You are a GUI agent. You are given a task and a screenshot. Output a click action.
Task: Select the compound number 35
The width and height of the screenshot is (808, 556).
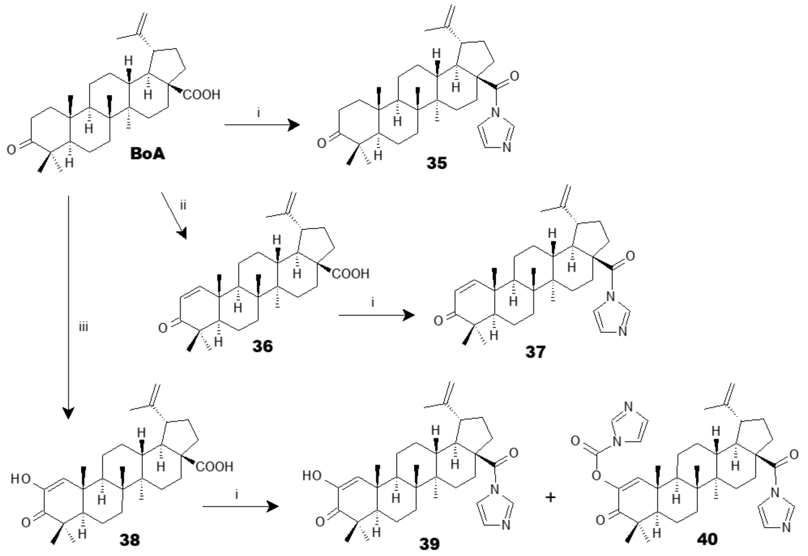click(437, 163)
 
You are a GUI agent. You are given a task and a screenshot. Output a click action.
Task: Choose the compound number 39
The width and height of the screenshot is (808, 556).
click(429, 544)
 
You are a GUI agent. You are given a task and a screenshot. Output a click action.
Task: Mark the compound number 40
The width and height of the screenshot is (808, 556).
click(707, 539)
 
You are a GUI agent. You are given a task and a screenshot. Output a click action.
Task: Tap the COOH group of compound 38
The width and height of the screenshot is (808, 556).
click(214, 467)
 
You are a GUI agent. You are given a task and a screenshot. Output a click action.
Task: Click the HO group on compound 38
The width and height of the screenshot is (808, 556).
click(21, 479)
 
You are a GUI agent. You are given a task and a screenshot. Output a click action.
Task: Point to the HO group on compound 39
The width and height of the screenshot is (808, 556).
click(312, 476)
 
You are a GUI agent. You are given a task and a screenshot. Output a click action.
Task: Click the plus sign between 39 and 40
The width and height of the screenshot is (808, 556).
click(550, 497)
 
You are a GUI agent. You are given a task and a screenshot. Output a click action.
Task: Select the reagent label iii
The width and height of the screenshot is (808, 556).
click(83, 327)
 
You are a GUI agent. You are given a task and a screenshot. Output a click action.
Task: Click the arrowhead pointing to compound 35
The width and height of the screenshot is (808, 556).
click(295, 125)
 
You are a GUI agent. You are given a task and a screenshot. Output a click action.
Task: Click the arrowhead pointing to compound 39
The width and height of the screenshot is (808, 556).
click(274, 506)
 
